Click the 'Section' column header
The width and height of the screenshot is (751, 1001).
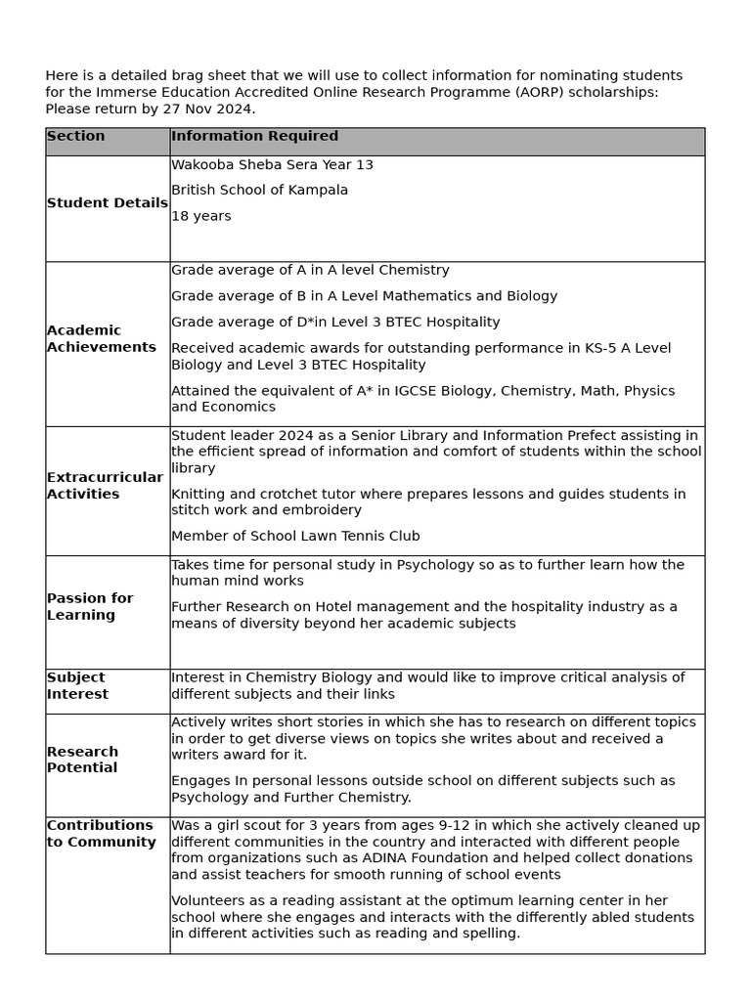tap(76, 137)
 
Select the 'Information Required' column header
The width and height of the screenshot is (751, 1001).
tap(254, 137)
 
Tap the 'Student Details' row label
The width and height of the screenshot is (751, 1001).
tap(107, 203)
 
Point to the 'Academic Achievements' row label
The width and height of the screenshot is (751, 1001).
tap(101, 338)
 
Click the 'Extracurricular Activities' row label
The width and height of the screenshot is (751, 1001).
tap(105, 486)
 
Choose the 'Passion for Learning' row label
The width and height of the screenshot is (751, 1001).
tap(90, 607)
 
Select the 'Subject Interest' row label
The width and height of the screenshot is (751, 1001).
tap(77, 685)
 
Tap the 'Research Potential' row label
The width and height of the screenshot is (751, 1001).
tap(82, 760)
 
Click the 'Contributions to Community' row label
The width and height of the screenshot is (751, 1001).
tap(101, 834)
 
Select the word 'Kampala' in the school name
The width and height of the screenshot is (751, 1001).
tap(319, 191)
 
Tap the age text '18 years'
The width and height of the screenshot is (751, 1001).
tap(201, 216)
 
